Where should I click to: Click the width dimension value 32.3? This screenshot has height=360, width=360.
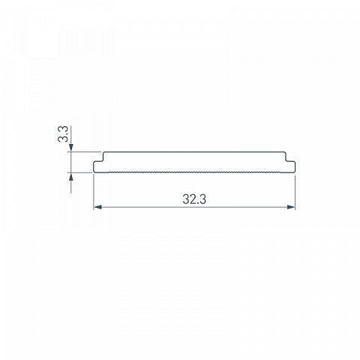click(x=194, y=199)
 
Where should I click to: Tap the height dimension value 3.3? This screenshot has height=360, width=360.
click(x=63, y=134)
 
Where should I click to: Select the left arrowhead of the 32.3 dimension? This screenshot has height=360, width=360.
click(x=97, y=207)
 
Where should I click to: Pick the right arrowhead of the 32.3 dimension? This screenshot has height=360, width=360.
click(x=291, y=207)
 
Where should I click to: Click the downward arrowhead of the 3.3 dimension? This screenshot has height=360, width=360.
click(x=71, y=148)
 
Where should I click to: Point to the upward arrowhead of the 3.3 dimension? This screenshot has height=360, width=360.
click(x=71, y=176)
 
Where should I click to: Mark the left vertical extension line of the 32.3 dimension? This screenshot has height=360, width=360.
click(x=94, y=192)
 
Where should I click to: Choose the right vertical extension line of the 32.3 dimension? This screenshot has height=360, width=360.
click(x=295, y=192)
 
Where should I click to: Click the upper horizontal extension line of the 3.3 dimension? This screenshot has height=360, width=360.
click(x=84, y=151)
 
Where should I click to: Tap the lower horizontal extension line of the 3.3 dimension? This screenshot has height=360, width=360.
click(x=80, y=172)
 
